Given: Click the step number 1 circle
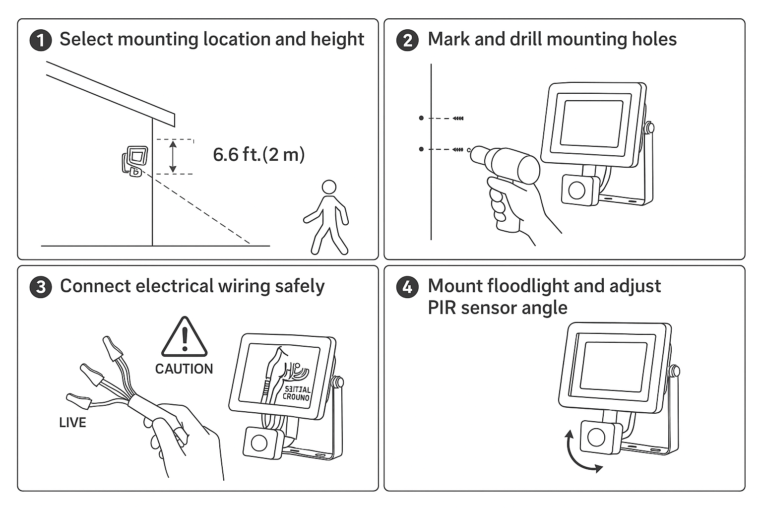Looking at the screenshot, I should [x=41, y=40].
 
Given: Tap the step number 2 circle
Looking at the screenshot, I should [x=407, y=40].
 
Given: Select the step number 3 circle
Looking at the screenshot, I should [x=41, y=287].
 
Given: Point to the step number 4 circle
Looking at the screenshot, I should [x=407, y=287].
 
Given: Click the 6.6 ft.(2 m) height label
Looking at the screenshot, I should [x=258, y=154].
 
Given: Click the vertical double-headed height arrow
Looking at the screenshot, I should [x=173, y=156].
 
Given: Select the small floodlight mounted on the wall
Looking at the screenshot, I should [x=135, y=160].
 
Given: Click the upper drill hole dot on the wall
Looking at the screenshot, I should [x=421, y=118].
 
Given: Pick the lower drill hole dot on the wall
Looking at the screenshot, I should [x=421, y=149].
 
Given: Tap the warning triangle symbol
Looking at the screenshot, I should [x=184, y=337].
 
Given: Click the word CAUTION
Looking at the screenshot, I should [x=184, y=369].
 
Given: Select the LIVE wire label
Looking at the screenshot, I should [x=72, y=423].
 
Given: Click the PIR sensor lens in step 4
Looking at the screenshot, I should [x=596, y=437].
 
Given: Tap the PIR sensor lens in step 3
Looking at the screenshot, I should [x=259, y=442].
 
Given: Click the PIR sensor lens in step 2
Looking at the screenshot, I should [x=576, y=190].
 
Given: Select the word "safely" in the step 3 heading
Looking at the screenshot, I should [x=300, y=286].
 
